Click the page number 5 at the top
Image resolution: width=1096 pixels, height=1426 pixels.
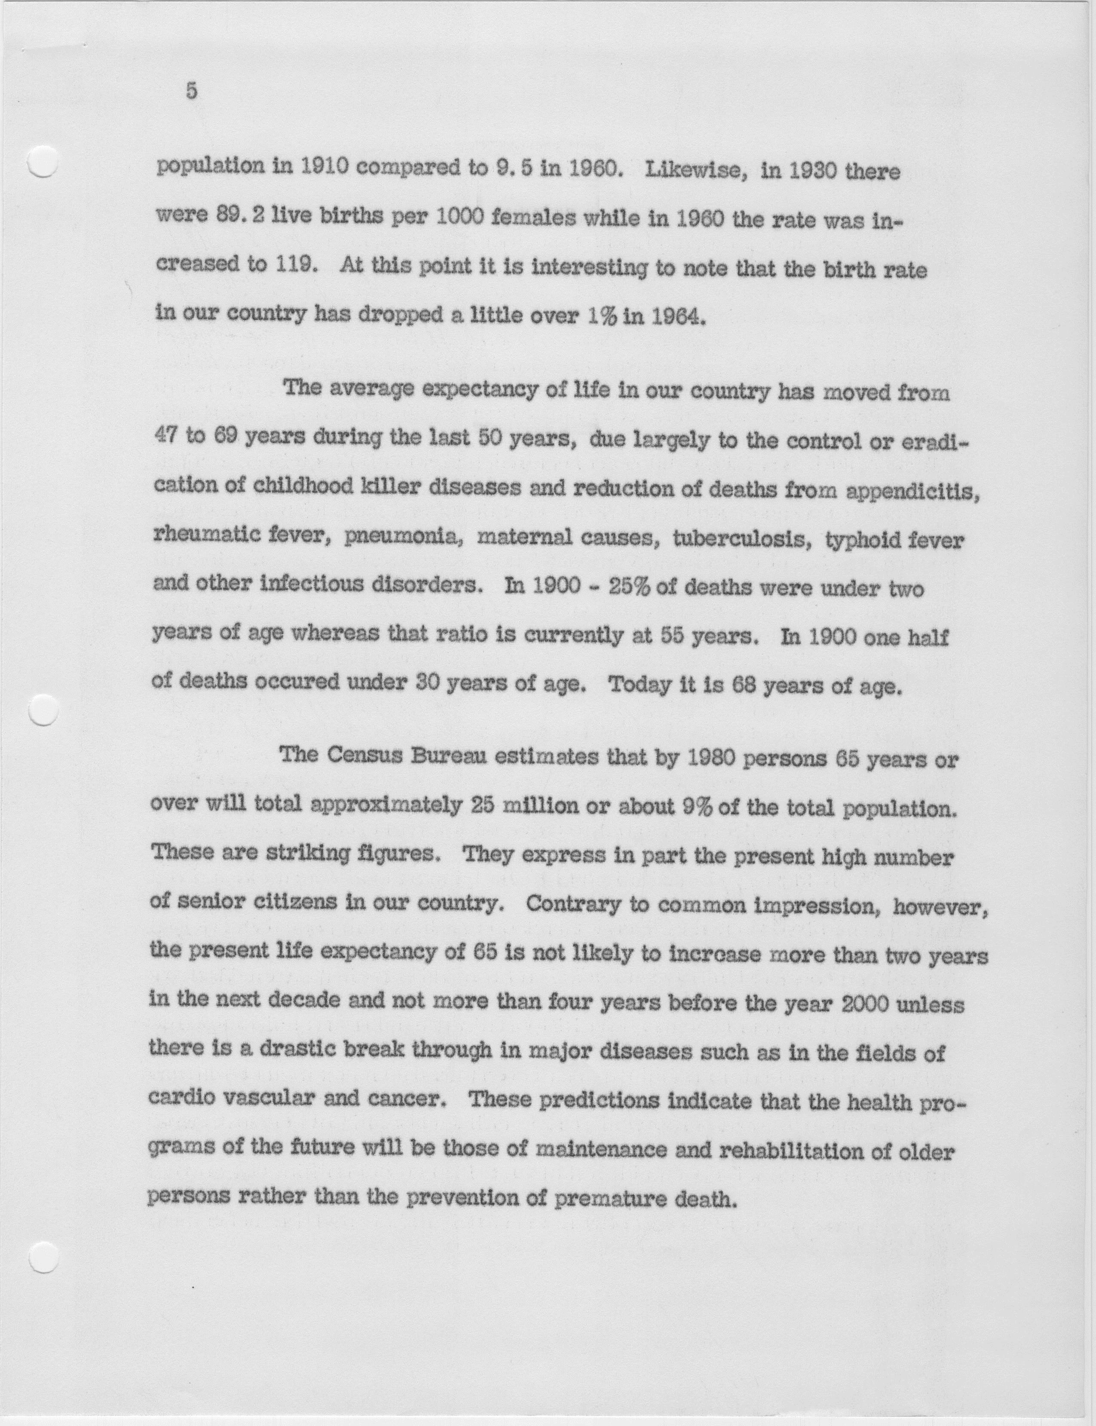tap(191, 91)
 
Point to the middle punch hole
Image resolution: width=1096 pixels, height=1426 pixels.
tap(44, 708)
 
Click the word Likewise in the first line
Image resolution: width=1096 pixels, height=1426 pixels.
tap(693, 171)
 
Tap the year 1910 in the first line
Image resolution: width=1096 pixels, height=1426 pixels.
tap(318, 171)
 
